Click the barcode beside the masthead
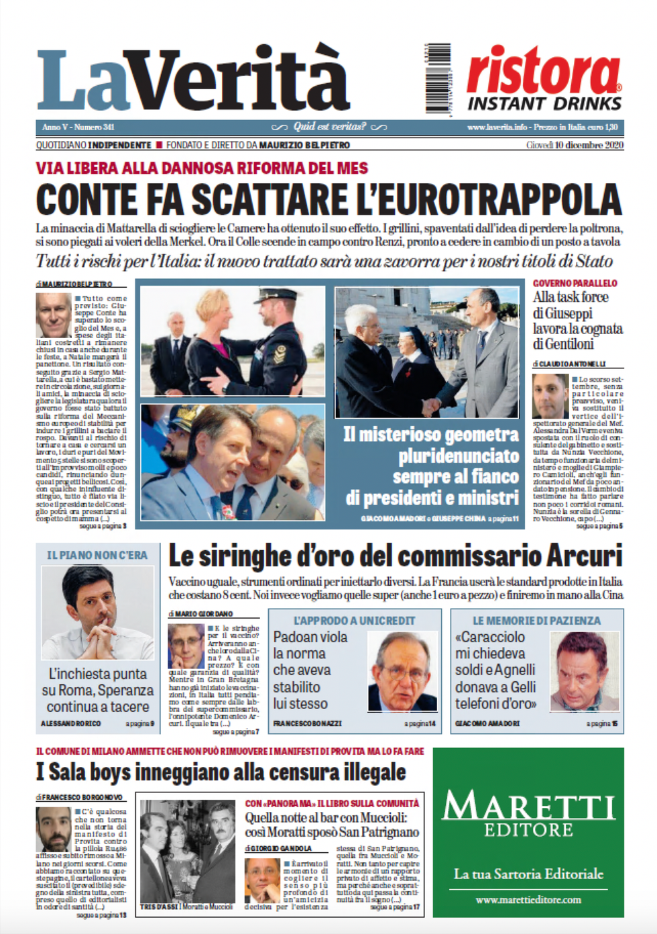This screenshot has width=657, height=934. (438, 78)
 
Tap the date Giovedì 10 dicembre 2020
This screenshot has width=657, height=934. (575, 145)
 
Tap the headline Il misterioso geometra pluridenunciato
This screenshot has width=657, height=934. (431, 445)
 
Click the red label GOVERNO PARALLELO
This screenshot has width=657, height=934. (575, 283)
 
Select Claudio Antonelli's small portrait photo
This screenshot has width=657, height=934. (550, 396)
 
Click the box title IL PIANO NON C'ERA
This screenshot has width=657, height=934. (97, 555)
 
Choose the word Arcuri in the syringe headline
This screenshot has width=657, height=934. (584, 556)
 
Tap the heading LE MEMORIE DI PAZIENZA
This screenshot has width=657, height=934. (536, 621)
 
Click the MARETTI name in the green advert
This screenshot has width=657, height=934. (528, 805)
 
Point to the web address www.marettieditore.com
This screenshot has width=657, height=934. (528, 900)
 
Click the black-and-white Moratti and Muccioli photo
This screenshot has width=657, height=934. (187, 850)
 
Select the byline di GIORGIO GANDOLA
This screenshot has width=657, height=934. (278, 848)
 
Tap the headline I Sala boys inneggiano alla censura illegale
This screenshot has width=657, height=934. (221, 772)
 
